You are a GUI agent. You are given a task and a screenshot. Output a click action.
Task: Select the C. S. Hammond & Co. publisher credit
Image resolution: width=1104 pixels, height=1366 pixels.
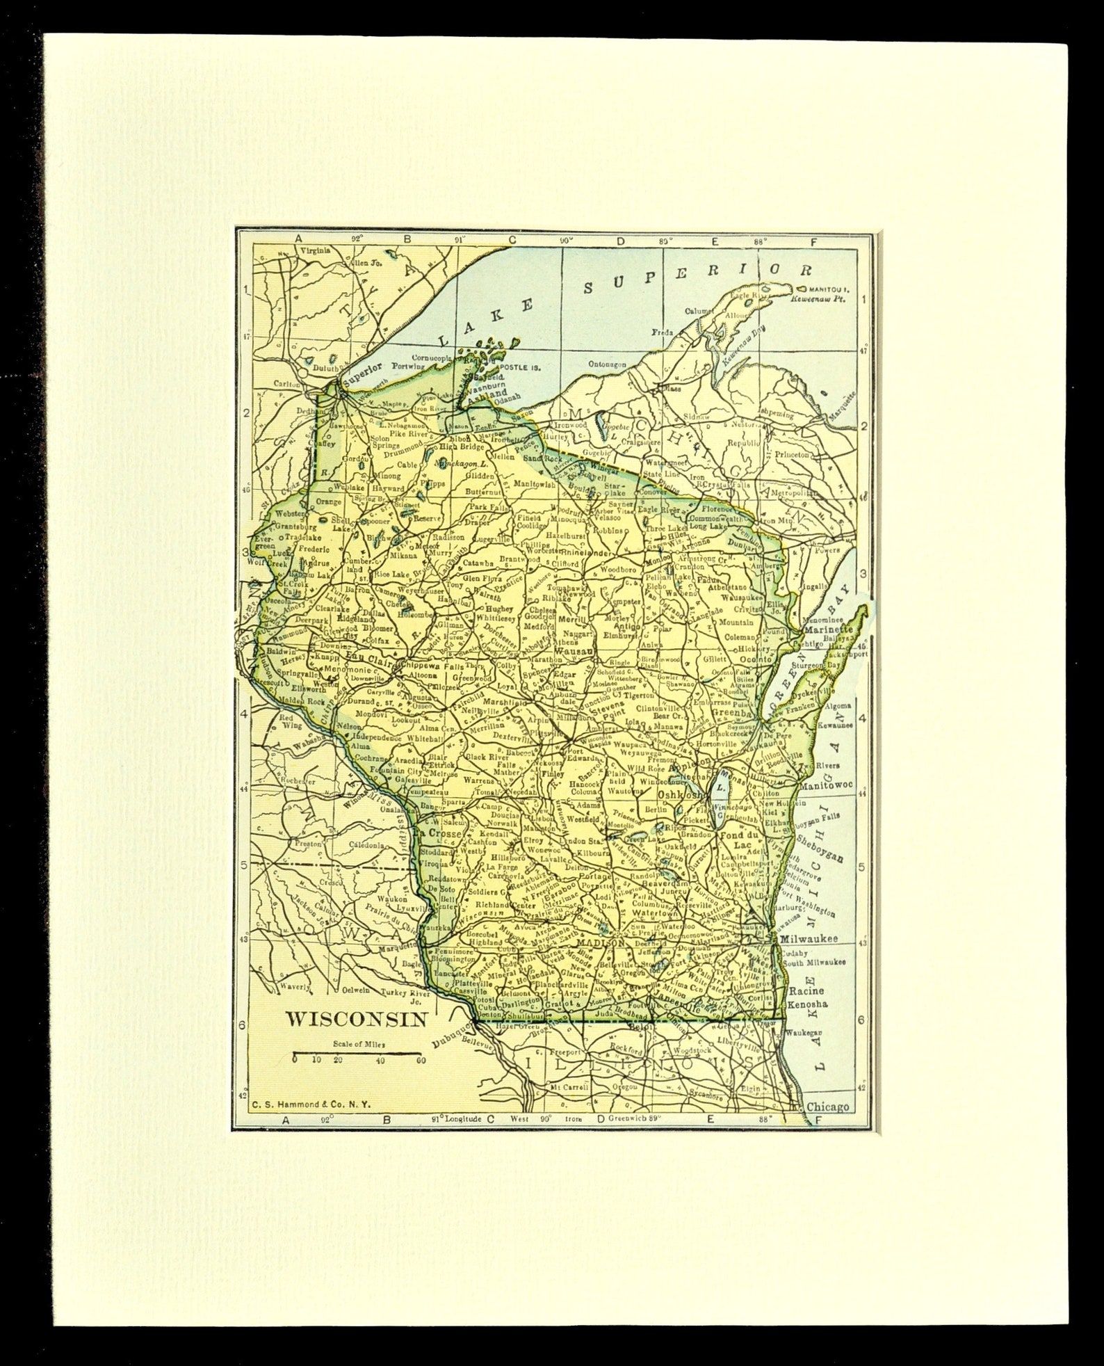[x=302, y=1103]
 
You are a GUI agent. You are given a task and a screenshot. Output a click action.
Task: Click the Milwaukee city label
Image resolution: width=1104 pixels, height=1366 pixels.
[x=809, y=938]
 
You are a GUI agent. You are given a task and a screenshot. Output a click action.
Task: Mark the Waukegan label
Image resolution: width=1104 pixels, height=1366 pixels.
[x=805, y=1034]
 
